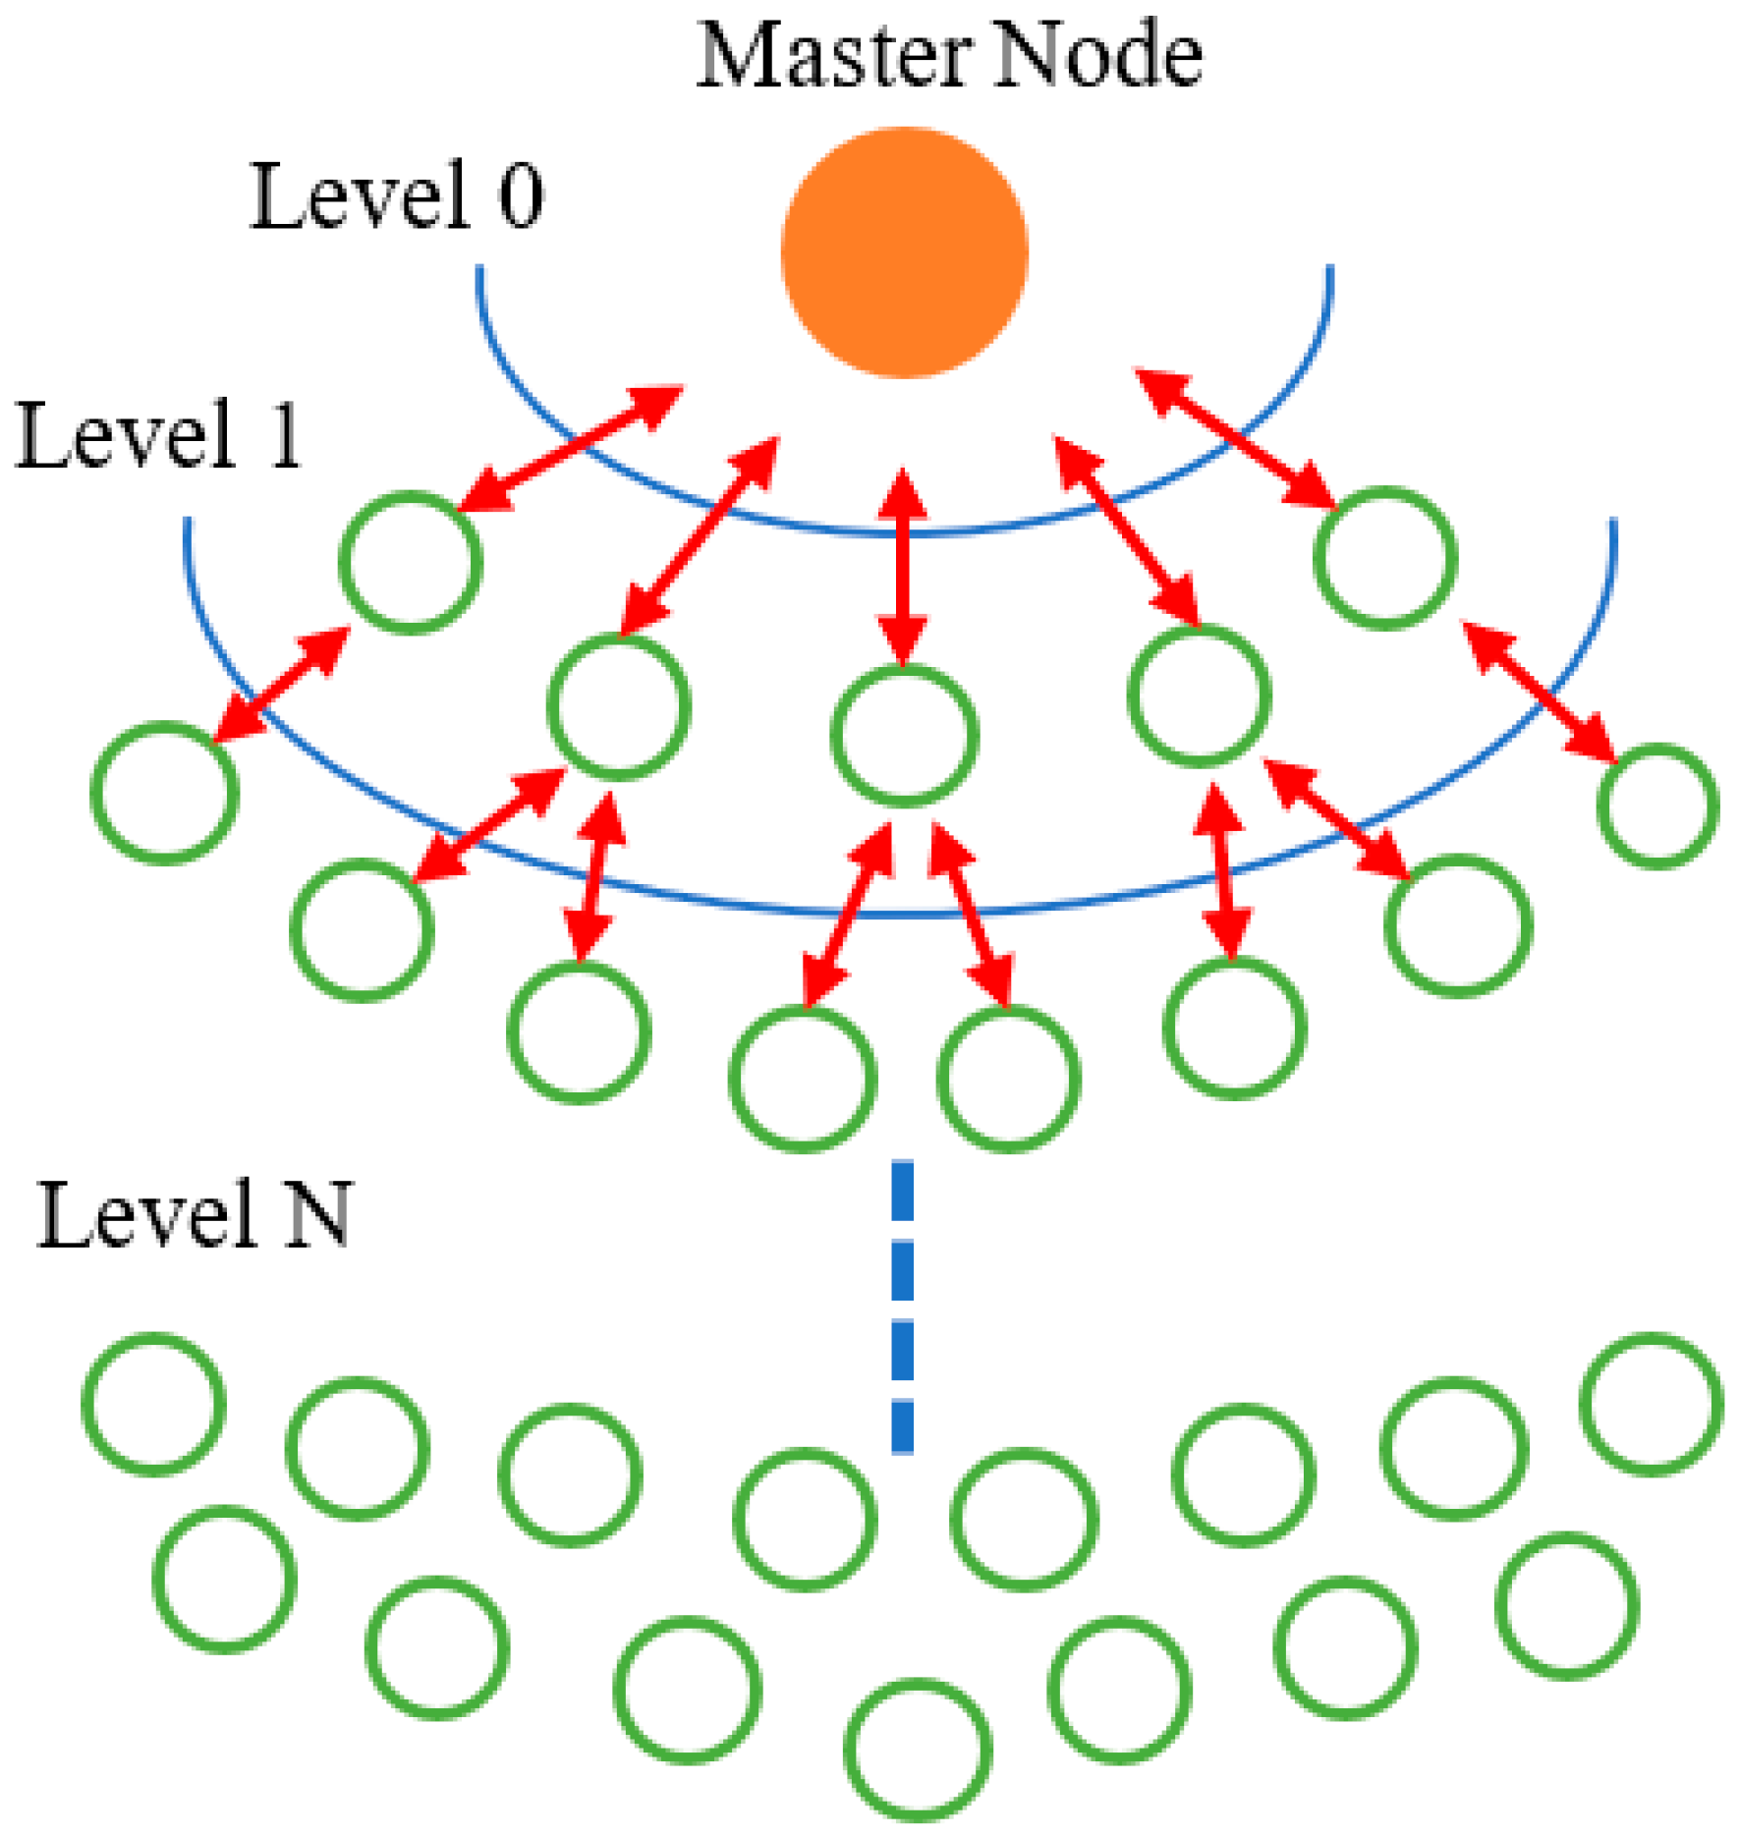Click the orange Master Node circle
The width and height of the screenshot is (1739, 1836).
point(904,252)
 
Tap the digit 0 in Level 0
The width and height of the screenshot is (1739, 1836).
point(521,195)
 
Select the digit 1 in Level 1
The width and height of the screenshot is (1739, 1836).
point(285,435)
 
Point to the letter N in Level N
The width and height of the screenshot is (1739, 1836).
point(317,1215)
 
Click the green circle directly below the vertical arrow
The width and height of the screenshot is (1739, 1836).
point(904,736)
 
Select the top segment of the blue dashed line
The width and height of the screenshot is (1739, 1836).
point(902,1191)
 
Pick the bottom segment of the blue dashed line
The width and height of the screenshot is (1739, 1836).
point(902,1425)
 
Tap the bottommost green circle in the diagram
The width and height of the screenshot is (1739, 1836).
point(918,1749)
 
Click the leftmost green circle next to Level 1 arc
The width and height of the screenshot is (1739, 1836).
point(165,793)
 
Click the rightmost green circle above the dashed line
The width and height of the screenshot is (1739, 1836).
point(1656,807)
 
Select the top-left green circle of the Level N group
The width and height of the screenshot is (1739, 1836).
point(153,1404)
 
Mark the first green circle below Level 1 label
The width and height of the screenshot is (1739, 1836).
point(411,563)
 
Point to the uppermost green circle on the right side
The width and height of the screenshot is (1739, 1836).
point(1384,558)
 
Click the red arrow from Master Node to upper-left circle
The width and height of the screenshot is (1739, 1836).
point(570,449)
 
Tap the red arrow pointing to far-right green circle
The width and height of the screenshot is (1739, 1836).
point(1540,692)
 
